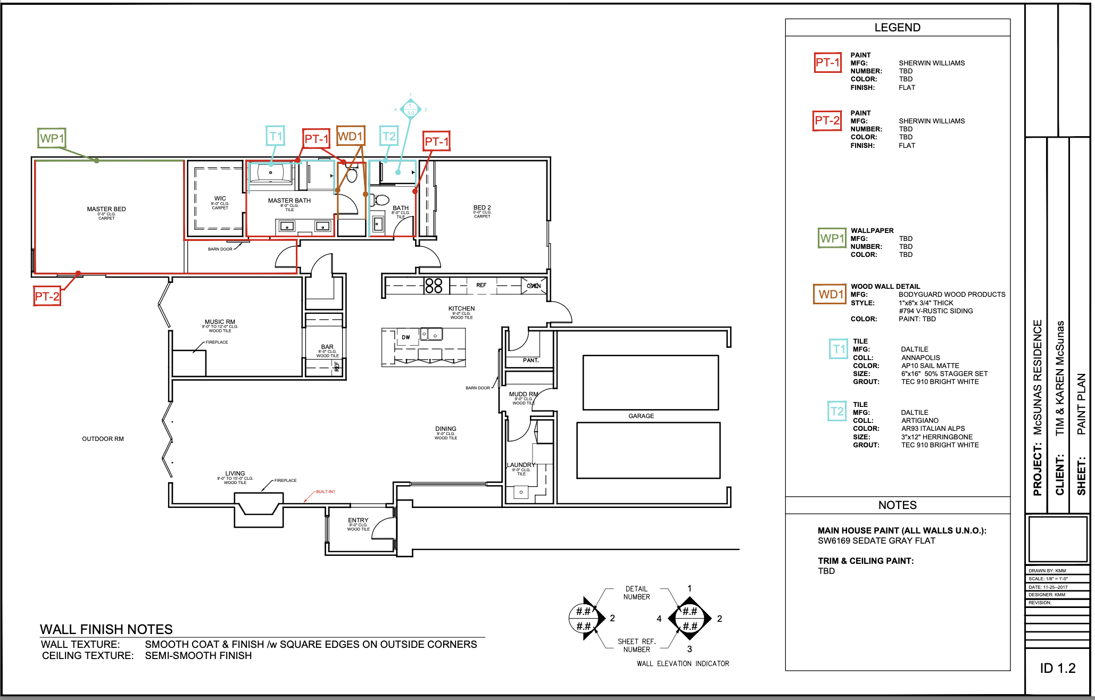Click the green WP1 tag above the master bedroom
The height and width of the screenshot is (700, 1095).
[x=52, y=138]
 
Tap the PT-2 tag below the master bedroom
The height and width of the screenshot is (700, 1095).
[x=47, y=296]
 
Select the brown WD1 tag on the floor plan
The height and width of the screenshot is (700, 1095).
[x=351, y=137]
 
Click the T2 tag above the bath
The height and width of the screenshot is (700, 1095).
[x=389, y=136]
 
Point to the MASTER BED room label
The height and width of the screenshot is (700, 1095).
[x=106, y=209]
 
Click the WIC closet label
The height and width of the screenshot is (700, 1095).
[x=220, y=198]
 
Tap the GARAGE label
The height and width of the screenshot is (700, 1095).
[x=641, y=416]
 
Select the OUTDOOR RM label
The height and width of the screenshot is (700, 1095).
[x=103, y=439]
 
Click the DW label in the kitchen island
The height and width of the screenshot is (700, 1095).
[x=406, y=337]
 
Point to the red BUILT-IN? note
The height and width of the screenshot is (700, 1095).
[x=325, y=491]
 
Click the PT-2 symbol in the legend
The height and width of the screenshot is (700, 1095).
[x=827, y=121]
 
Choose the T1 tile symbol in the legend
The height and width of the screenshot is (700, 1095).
[x=839, y=349]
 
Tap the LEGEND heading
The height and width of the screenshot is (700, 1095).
[x=897, y=28]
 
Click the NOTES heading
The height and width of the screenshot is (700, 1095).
[x=897, y=505]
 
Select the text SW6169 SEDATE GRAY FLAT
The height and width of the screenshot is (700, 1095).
[x=876, y=540]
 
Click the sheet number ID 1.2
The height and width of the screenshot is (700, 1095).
[x=1057, y=668]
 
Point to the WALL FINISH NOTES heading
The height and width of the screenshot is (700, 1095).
[x=106, y=629]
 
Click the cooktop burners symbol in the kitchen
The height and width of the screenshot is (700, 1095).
[x=434, y=286]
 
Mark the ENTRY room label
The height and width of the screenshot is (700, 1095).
[x=358, y=520]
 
